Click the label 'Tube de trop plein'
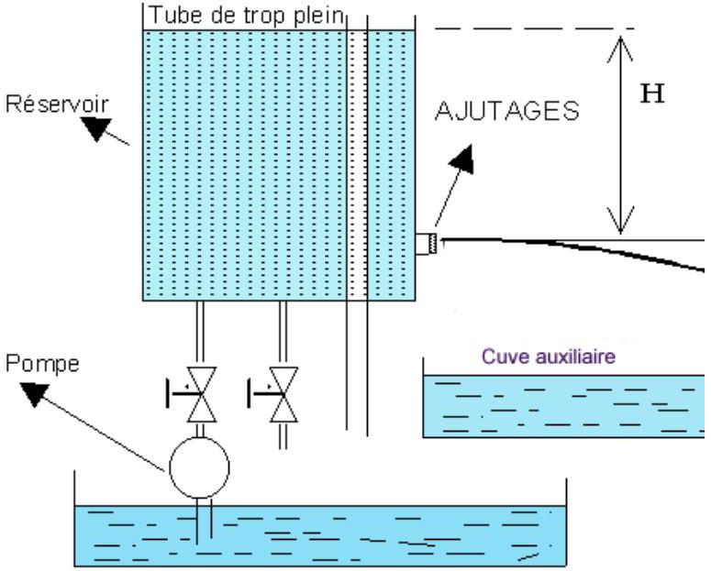coord(246,16)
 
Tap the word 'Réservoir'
coord(57,104)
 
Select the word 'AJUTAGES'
coord(507,111)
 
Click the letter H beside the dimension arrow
coord(652,94)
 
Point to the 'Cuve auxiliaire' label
coord(549,357)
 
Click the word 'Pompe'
coord(42,365)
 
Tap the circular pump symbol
coord(199,467)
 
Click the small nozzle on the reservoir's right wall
coord(427,244)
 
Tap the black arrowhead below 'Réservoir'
coord(96,128)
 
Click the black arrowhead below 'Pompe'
coord(36,394)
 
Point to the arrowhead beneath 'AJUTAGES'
coord(463,159)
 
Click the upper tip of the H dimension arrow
coord(620,38)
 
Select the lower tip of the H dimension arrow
coord(620,234)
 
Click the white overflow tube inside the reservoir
coord(357,165)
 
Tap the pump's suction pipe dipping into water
coord(204,521)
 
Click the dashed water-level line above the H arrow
coord(534,29)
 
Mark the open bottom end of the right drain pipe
coord(283,449)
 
